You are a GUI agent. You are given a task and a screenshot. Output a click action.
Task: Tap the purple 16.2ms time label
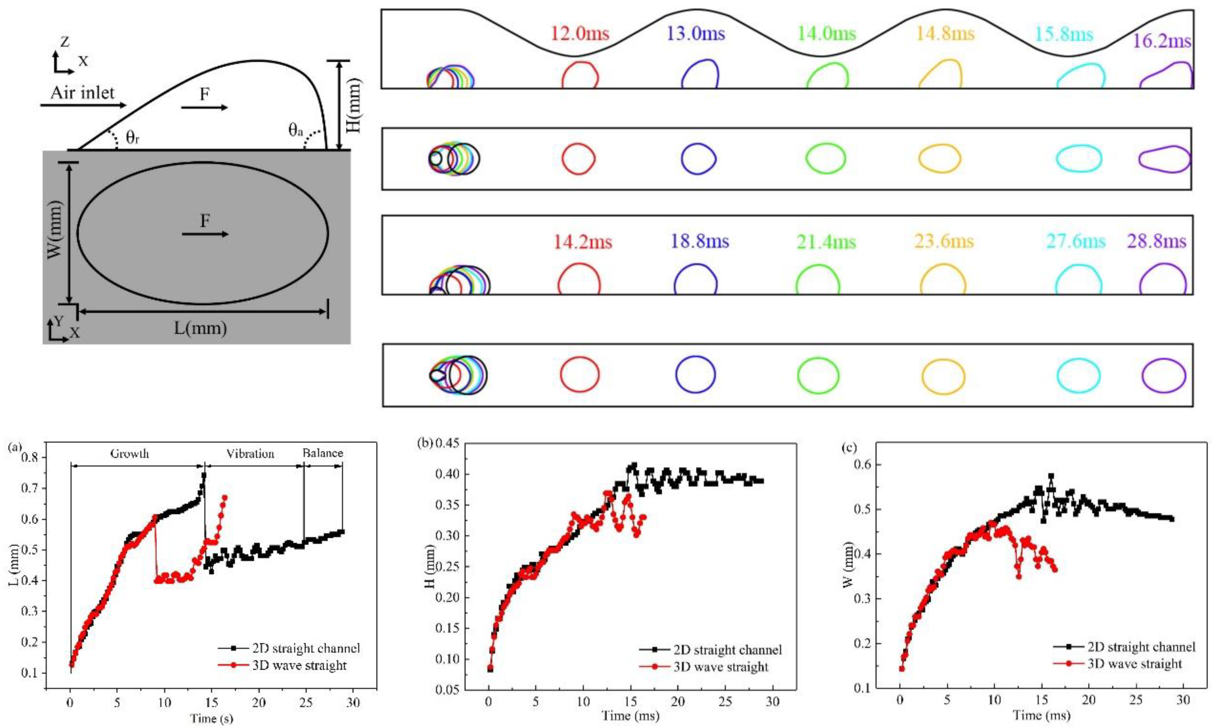(x=1162, y=41)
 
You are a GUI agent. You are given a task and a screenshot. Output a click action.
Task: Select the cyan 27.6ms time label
(x=1076, y=241)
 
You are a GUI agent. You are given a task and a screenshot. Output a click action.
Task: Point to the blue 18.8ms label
(x=700, y=241)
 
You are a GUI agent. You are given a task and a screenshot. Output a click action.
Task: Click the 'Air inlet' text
(x=83, y=93)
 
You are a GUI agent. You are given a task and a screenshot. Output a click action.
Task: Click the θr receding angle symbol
(x=132, y=138)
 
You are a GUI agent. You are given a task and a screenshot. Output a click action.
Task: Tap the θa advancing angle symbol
(x=295, y=130)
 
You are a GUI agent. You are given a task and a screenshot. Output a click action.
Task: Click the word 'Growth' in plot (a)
(x=130, y=453)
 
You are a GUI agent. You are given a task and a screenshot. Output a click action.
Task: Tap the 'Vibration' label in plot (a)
(x=250, y=453)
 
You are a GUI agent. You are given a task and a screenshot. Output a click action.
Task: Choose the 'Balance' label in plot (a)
(x=322, y=453)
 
